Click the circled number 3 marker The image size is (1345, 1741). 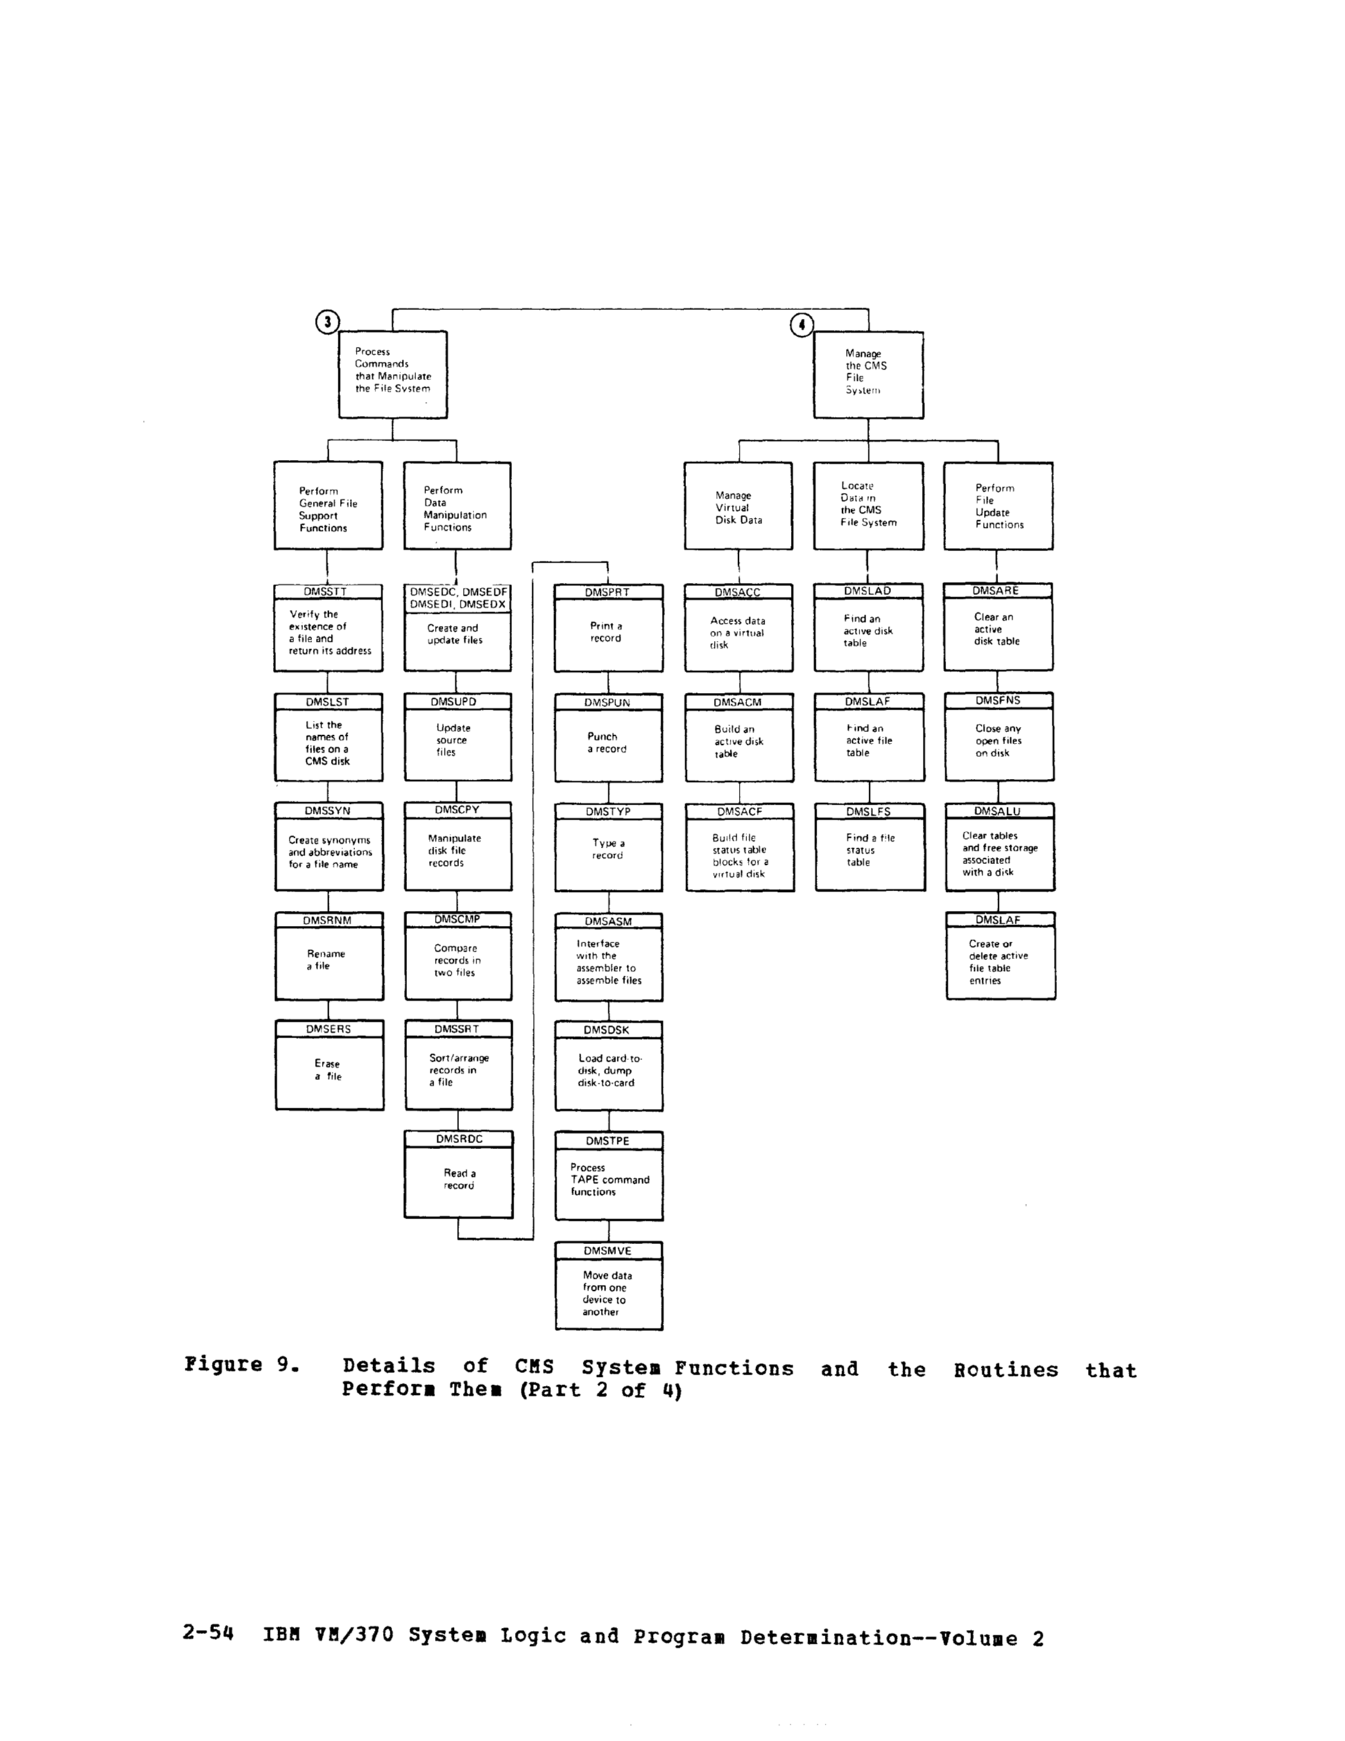[328, 322]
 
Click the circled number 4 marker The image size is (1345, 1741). [801, 324]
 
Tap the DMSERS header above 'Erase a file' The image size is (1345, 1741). [329, 1029]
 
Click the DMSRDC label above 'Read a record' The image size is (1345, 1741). [458, 1139]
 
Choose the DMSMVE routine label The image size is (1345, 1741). [608, 1251]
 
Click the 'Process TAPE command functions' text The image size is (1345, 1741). [609, 1180]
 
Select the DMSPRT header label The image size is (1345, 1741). [607, 593]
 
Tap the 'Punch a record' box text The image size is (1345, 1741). [607, 743]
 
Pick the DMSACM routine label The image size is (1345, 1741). [737, 702]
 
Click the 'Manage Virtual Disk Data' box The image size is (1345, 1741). [738, 507]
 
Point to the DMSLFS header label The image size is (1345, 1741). [869, 811]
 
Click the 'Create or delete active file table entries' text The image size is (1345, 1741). [998, 962]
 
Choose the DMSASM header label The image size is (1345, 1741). [608, 921]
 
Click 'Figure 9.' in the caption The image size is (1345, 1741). [241, 1365]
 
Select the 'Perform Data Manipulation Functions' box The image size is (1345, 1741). [456, 507]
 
